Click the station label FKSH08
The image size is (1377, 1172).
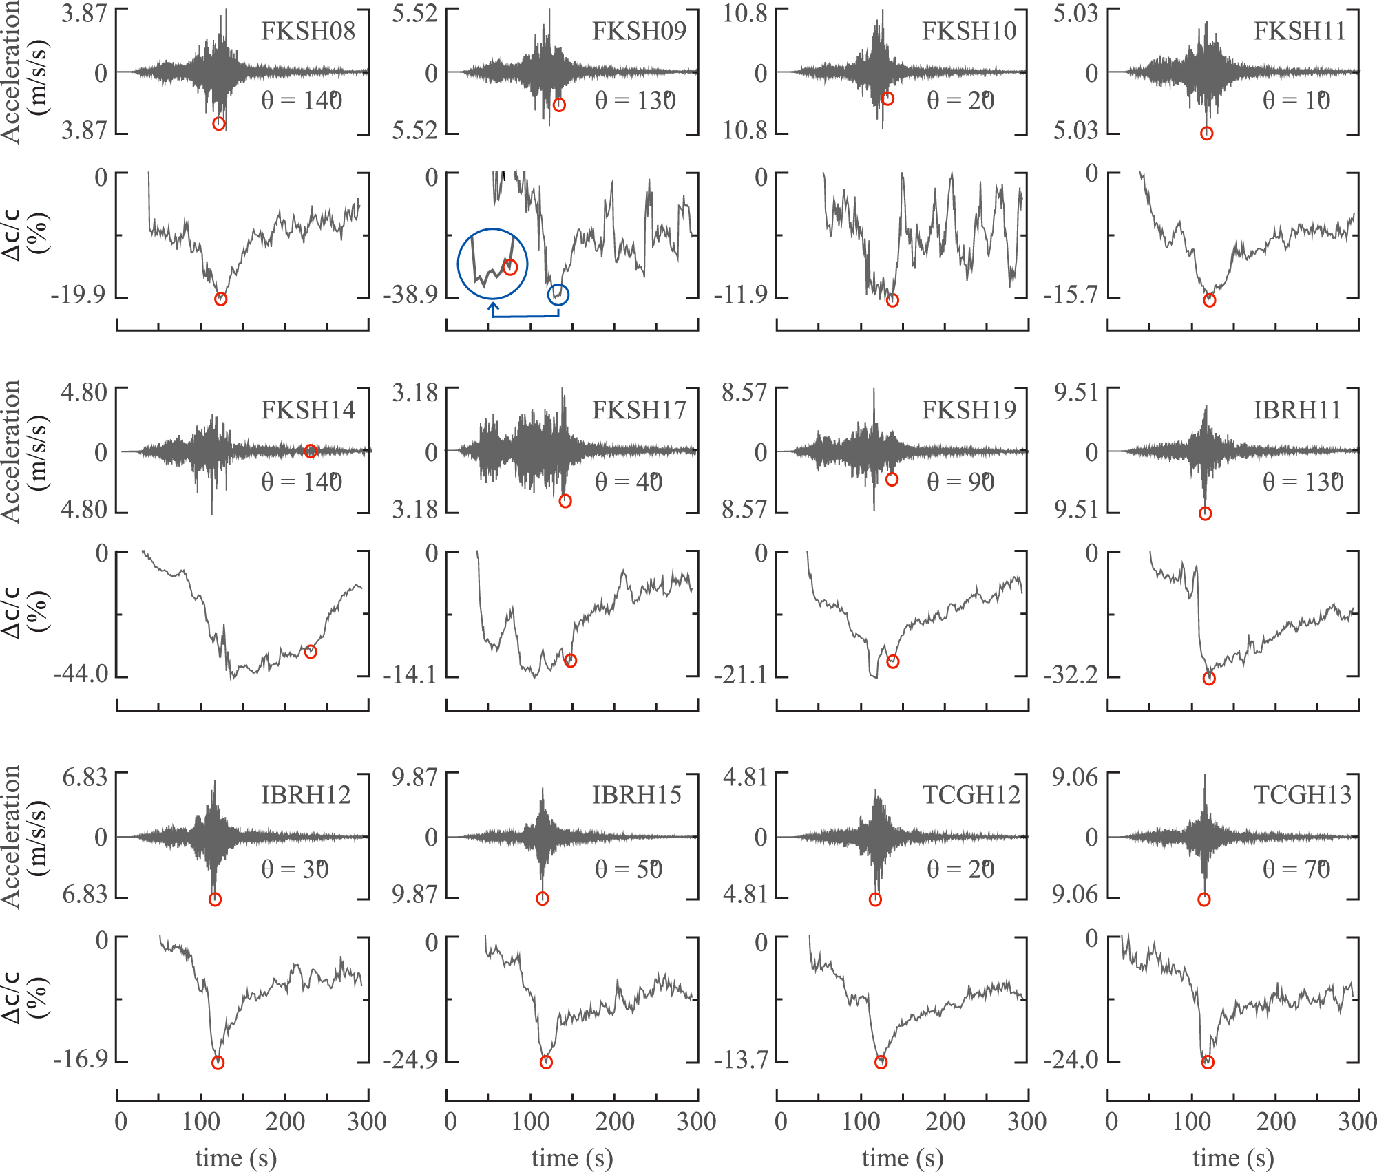click(x=308, y=31)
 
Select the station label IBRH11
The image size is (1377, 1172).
click(x=1297, y=410)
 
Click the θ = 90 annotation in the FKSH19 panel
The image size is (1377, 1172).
click(x=960, y=482)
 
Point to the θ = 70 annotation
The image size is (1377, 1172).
click(x=1296, y=869)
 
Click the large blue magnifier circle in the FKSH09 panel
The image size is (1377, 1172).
click(x=492, y=264)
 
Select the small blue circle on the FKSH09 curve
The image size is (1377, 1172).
click(x=558, y=295)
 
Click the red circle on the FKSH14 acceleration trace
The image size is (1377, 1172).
click(x=311, y=451)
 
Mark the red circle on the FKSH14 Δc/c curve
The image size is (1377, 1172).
click(x=311, y=652)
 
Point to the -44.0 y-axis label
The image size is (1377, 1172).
click(x=81, y=674)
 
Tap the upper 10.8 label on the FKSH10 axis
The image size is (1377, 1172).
click(x=744, y=13)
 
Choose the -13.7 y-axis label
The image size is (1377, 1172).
click(x=741, y=1060)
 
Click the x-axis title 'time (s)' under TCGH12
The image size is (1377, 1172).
click(x=902, y=1158)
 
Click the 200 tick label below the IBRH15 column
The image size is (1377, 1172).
click(x=614, y=1122)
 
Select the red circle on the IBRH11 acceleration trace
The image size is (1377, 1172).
click(x=1205, y=513)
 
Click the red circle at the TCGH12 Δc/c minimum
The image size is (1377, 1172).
click(x=881, y=1063)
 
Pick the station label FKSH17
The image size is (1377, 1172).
click(x=639, y=410)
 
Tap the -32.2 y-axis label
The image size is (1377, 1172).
click(x=1071, y=675)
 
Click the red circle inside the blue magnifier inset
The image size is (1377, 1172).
click(x=510, y=267)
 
